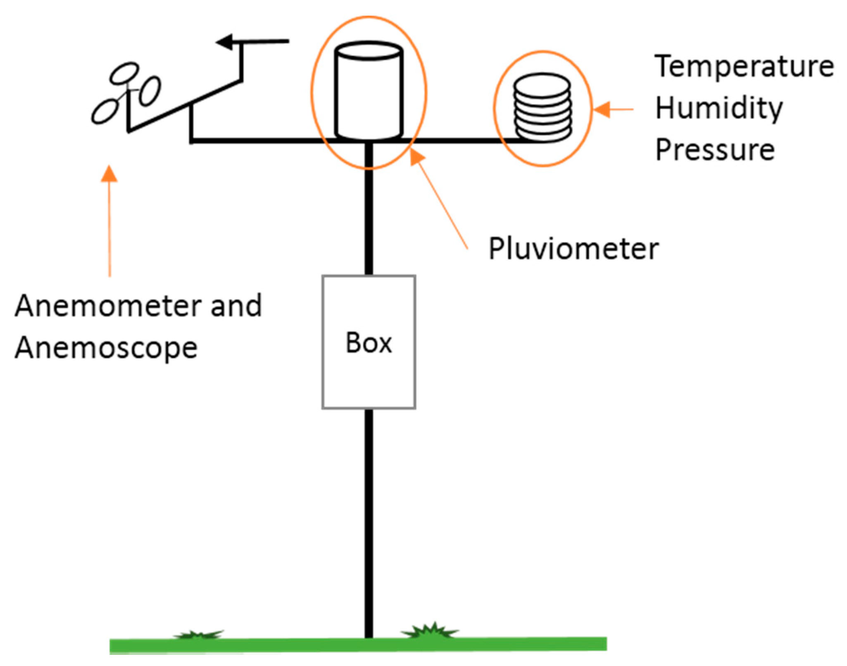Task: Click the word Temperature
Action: (744, 67)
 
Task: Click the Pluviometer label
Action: (573, 249)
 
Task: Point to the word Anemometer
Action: (109, 306)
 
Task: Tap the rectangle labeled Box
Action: (369, 342)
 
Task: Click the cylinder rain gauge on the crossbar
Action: (369, 91)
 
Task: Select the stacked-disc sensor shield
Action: (542, 107)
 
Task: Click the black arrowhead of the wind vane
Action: (225, 41)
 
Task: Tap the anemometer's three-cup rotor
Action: (126, 93)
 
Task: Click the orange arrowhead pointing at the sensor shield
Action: (602, 109)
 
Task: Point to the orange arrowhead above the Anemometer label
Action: (109, 174)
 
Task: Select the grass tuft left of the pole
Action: (198, 635)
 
